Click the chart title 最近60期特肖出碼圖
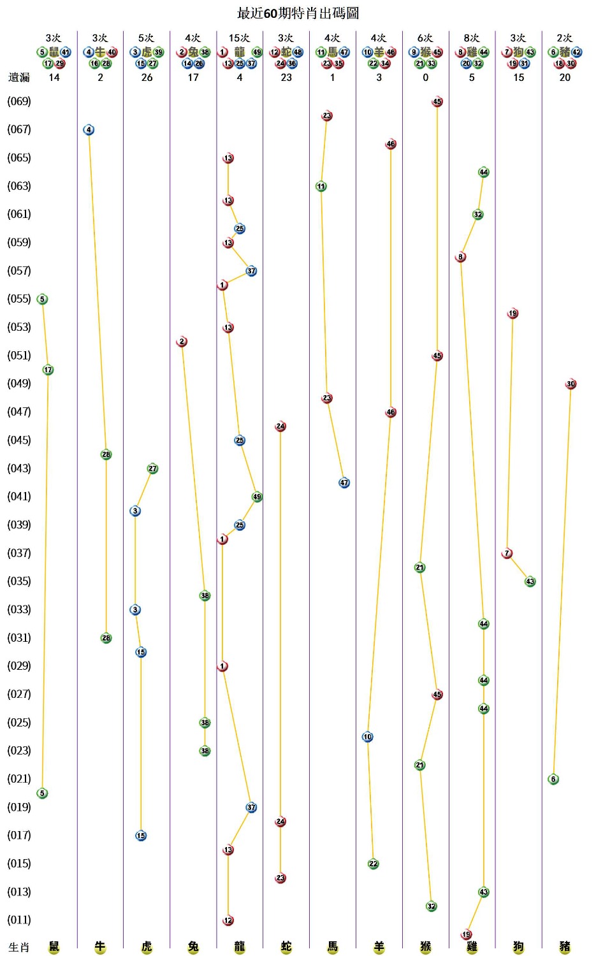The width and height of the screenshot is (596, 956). pos(298,13)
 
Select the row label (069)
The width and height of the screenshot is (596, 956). pos(19,101)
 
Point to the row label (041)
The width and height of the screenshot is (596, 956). pos(19,496)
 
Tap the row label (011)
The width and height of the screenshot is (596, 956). pos(19,920)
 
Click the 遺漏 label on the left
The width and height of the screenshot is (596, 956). pos(19,77)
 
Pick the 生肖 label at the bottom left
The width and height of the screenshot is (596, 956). pos(19,947)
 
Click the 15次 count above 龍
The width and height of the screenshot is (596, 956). pos(239,38)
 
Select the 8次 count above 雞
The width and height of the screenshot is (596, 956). pos(472,38)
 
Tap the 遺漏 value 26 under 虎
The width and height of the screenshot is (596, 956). pos(147,77)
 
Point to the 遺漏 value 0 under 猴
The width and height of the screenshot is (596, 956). pos(426,77)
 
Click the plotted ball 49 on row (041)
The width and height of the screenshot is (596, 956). pos(257,497)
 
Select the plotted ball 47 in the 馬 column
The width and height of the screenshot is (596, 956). pos(344,482)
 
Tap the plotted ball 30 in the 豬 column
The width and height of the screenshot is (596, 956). pos(571,384)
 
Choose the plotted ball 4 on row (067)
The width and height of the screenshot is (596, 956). pos(89,130)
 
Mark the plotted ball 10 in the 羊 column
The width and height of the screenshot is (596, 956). pos(367,737)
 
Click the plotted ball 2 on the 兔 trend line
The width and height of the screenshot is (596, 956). pos(182,342)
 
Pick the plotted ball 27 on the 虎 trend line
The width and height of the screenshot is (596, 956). pos(152,468)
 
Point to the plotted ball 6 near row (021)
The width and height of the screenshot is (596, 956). pos(553,779)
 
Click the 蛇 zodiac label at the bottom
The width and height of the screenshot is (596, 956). pos(286,946)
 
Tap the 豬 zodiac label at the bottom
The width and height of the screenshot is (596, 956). pos(565,946)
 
